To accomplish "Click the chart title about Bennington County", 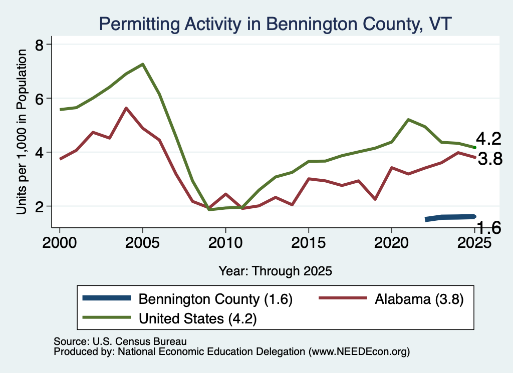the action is [275, 24].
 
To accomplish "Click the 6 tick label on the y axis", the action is [39, 99].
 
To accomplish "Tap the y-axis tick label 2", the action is [39, 207].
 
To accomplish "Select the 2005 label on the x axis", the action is [142, 242].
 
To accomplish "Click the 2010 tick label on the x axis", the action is [225, 242].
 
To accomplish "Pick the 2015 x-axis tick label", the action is [308, 242].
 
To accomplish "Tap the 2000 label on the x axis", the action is [60, 242].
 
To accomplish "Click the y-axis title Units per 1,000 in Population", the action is [21, 132].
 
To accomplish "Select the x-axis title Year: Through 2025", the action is [275, 271].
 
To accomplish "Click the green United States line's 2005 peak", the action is [143, 64].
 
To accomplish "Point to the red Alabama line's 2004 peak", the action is [126, 108].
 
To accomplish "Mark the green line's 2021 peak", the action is [408, 120].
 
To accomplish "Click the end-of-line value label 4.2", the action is [488, 139].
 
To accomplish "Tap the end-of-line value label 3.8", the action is [490, 159].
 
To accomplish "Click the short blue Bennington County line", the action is [450, 218].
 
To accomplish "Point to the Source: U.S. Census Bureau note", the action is [120, 341].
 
